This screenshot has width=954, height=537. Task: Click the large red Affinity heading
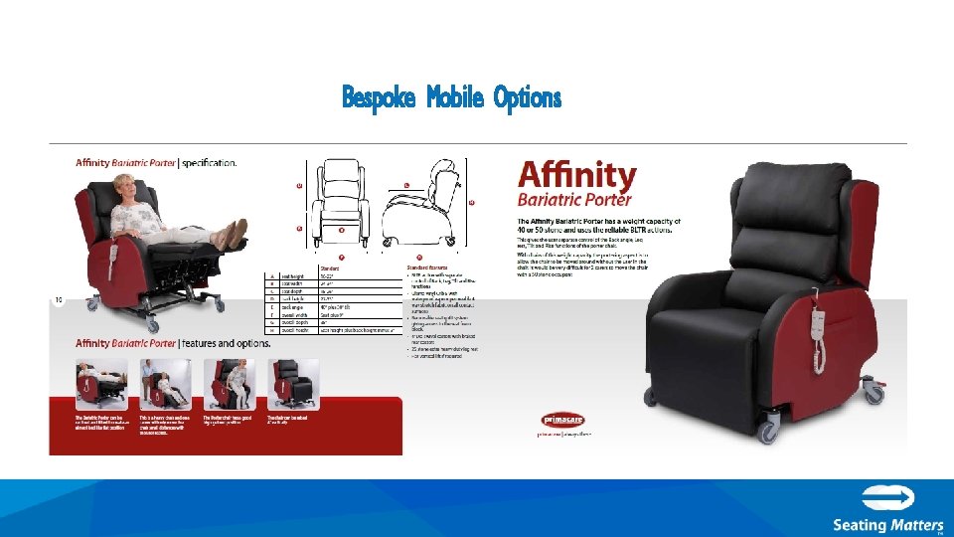coord(577,176)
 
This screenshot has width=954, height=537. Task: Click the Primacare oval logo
coord(562,420)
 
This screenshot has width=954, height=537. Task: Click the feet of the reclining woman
coord(235,234)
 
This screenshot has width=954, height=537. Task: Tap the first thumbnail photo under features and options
coord(101,382)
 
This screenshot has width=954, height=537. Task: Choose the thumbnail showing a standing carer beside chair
coord(165,382)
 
